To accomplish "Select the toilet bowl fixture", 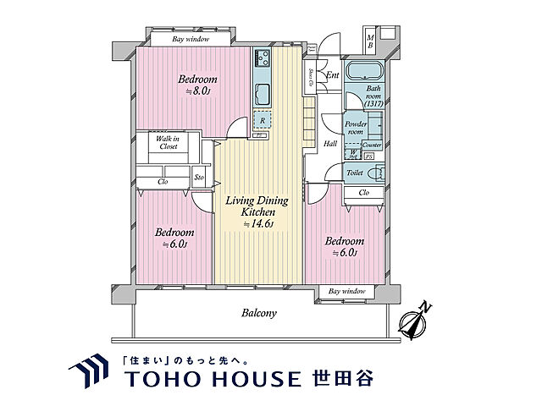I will click(x=379, y=173).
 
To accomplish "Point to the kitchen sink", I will click(x=261, y=92).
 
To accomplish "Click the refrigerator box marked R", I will click(x=263, y=121).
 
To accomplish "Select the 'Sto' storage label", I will click(x=199, y=178).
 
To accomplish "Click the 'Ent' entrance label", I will click(x=333, y=75).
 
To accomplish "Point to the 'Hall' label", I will click(x=330, y=144).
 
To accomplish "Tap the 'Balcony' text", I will click(x=259, y=312).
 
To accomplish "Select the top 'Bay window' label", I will click(x=191, y=39).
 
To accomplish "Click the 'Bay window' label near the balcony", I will click(x=346, y=291).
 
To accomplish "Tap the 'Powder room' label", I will click(x=356, y=129).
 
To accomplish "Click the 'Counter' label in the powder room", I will click(x=373, y=145).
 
